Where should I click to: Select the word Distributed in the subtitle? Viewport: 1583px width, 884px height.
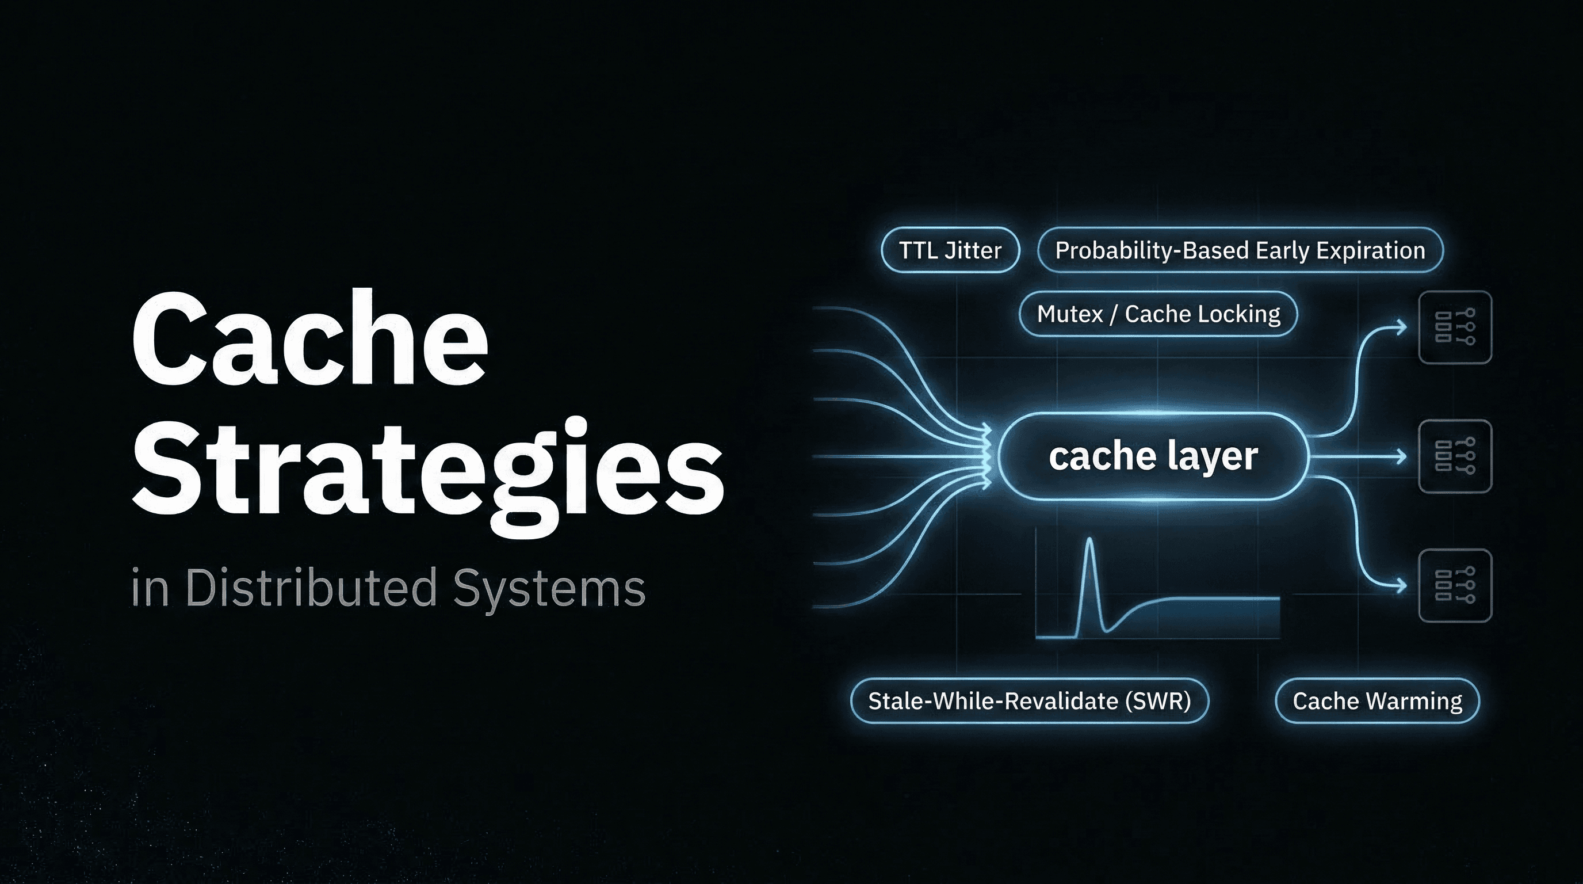tap(311, 588)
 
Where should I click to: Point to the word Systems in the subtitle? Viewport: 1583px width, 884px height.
tap(549, 589)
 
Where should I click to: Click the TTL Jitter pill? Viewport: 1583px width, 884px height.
tap(950, 250)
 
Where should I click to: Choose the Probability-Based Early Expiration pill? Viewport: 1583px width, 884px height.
tap(1240, 250)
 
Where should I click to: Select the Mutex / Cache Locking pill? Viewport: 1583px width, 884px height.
tap(1158, 314)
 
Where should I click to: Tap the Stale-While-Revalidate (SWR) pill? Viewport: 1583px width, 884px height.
tap(1029, 701)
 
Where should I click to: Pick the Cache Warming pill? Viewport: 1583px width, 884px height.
tap(1377, 701)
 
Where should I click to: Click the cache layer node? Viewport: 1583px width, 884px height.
tap(1153, 456)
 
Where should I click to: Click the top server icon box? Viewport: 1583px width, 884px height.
tap(1455, 327)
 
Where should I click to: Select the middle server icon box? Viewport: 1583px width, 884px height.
tap(1455, 456)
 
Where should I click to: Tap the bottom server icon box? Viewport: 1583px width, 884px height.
tap(1455, 585)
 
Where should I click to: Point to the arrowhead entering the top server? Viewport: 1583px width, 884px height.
tap(1402, 327)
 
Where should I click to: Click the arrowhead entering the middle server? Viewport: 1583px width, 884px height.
tap(1402, 456)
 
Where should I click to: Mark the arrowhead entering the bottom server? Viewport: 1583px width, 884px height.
tap(1402, 585)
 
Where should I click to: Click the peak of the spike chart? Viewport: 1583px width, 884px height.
tap(1089, 540)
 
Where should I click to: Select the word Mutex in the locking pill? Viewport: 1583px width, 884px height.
tap(1070, 314)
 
